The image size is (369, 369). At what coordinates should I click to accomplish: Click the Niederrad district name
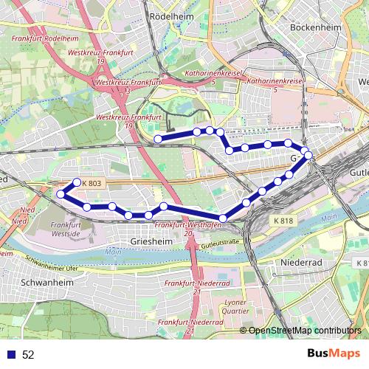[x=299, y=262]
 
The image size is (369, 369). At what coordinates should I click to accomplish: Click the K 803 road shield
[x=92, y=183]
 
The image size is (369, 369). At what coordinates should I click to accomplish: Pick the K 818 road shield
[x=282, y=220]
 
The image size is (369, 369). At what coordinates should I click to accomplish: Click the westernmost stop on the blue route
[x=61, y=194]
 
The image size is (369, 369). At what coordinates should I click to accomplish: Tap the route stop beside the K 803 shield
[x=76, y=182]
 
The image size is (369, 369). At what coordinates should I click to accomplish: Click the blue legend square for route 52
[x=11, y=354]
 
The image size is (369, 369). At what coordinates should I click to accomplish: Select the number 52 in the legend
[x=29, y=354]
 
